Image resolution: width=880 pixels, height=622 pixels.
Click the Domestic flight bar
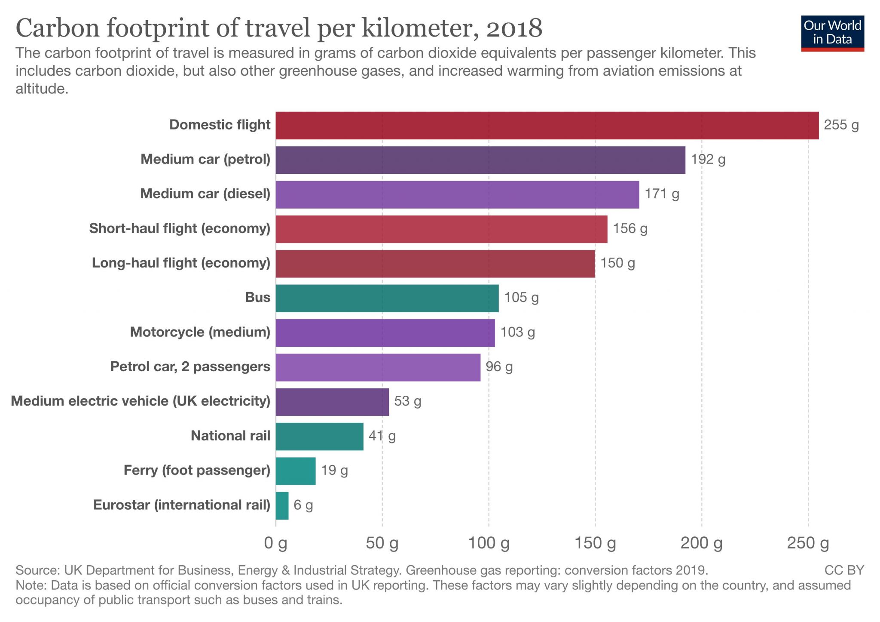tap(547, 125)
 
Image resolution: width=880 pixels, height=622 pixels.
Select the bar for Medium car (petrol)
tap(480, 160)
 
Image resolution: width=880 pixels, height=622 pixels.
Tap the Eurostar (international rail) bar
tap(282, 505)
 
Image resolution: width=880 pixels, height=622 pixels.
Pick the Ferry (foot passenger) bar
tap(295, 471)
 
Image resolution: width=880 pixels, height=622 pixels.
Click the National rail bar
tap(319, 436)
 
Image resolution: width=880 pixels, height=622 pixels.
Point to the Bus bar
tap(387, 298)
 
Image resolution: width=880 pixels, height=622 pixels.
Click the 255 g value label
tap(841, 125)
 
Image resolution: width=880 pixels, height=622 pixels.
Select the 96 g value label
tap(499, 367)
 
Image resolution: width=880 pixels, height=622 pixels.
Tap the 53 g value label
tap(407, 401)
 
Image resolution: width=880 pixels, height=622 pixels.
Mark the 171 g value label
tap(662, 194)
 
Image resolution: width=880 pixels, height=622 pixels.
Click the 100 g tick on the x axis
tap(489, 543)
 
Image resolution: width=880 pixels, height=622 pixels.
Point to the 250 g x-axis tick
tap(808, 543)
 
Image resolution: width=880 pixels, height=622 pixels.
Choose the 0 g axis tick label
tap(275, 543)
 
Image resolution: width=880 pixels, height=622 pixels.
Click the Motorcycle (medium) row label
tap(200, 332)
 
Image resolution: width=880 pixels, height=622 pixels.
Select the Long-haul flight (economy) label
tap(181, 263)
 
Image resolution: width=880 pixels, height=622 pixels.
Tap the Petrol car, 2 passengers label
tap(190, 367)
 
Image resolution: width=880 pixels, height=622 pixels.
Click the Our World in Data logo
tap(832, 33)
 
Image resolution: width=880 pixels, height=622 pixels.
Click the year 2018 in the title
tap(514, 28)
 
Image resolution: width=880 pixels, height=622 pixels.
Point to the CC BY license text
tap(844, 570)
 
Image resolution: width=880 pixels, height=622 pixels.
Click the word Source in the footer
tap(37, 570)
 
